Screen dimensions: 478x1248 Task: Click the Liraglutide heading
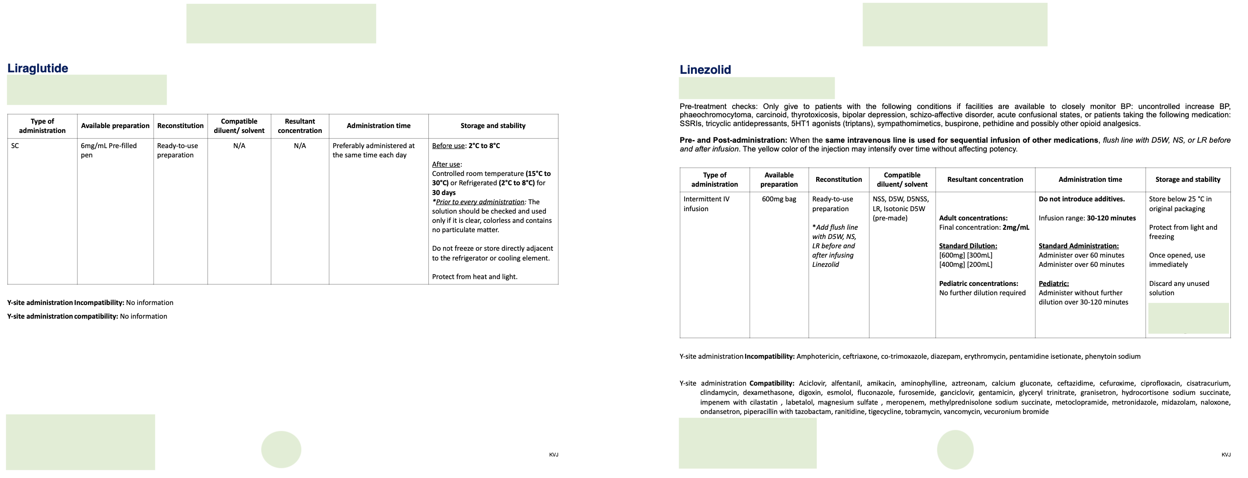point(38,68)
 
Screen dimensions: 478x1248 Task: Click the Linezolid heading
point(705,70)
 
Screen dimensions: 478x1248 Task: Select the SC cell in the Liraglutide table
point(15,146)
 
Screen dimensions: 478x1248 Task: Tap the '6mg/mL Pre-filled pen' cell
point(109,150)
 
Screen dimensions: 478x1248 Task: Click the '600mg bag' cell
point(779,199)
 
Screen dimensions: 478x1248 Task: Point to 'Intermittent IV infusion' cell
point(706,204)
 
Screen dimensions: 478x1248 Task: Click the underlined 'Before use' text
point(448,146)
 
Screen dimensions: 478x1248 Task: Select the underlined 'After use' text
point(446,164)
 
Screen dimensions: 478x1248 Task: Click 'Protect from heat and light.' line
point(474,277)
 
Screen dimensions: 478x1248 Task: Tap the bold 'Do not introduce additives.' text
point(1081,199)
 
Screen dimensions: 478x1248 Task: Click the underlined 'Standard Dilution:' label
point(968,246)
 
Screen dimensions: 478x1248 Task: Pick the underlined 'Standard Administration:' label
point(1078,246)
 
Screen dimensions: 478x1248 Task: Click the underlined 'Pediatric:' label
point(1053,283)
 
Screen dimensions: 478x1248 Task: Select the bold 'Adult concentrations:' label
point(973,218)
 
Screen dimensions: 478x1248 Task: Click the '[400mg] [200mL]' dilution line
point(965,264)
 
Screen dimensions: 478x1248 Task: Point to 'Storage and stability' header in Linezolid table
point(1187,179)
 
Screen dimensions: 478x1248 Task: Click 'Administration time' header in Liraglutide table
point(379,126)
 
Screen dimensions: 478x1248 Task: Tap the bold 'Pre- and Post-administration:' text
point(733,140)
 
